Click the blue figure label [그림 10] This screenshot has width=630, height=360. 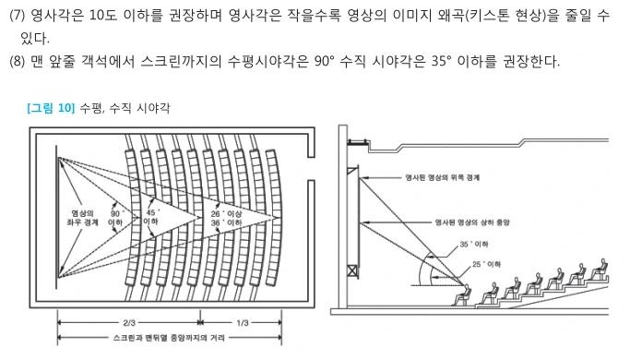coord(51,108)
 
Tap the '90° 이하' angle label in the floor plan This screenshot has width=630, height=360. coord(115,218)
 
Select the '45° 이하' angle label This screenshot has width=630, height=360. coord(150,217)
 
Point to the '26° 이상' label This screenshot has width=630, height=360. coord(227,213)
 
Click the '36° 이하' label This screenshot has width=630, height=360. coord(227,222)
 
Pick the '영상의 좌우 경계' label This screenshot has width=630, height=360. coord(82,218)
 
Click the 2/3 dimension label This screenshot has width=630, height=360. coord(129,322)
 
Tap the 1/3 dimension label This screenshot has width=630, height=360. coord(243,322)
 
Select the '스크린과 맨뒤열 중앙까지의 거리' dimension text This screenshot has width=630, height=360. coord(169,338)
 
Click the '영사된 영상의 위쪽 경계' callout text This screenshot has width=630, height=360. coord(443,177)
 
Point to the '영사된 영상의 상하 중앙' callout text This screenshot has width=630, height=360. coord(472,222)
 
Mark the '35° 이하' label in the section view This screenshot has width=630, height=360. coord(474,245)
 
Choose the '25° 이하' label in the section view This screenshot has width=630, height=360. coord(486,264)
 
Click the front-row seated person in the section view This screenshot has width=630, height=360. coord(462,295)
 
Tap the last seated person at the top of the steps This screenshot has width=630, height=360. coord(600,270)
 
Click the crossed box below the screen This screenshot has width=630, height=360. coord(352,271)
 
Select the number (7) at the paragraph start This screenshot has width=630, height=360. coord(17,16)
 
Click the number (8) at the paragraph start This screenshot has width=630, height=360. coord(17,62)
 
